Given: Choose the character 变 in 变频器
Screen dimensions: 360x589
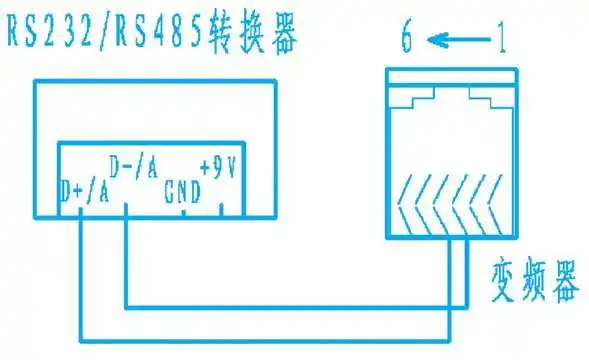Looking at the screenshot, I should click(505, 279).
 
